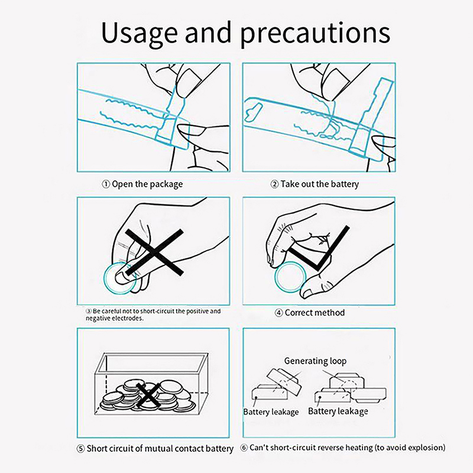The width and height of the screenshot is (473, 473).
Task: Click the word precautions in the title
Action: pyautogui.click(x=315, y=34)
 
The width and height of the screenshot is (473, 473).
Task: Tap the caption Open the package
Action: pyautogui.click(x=147, y=184)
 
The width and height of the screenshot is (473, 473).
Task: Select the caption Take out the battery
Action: pyautogui.click(x=320, y=184)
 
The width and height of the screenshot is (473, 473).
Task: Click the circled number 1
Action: pyautogui.click(x=106, y=184)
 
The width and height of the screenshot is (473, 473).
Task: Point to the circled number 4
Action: pyautogui.click(x=279, y=313)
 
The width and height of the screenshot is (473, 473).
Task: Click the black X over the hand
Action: pyautogui.click(x=154, y=252)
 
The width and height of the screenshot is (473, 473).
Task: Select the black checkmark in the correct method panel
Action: pyautogui.click(x=319, y=248)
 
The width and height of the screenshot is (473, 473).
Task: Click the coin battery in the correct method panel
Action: pyautogui.click(x=290, y=277)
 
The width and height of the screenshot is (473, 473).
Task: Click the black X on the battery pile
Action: pyautogui.click(x=148, y=395)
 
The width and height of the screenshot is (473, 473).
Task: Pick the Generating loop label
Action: pyautogui.click(x=315, y=361)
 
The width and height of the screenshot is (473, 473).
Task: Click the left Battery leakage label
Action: pyautogui.click(x=271, y=412)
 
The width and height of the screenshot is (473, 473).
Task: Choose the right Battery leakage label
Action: pyautogui.click(x=338, y=412)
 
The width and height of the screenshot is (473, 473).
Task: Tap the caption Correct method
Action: pyautogui.click(x=315, y=313)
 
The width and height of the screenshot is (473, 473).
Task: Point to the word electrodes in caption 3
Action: pyautogui.click(x=128, y=319)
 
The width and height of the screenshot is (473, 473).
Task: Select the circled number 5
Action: pyautogui.click(x=80, y=449)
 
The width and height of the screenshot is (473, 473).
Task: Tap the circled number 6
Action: pyautogui.click(x=244, y=448)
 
